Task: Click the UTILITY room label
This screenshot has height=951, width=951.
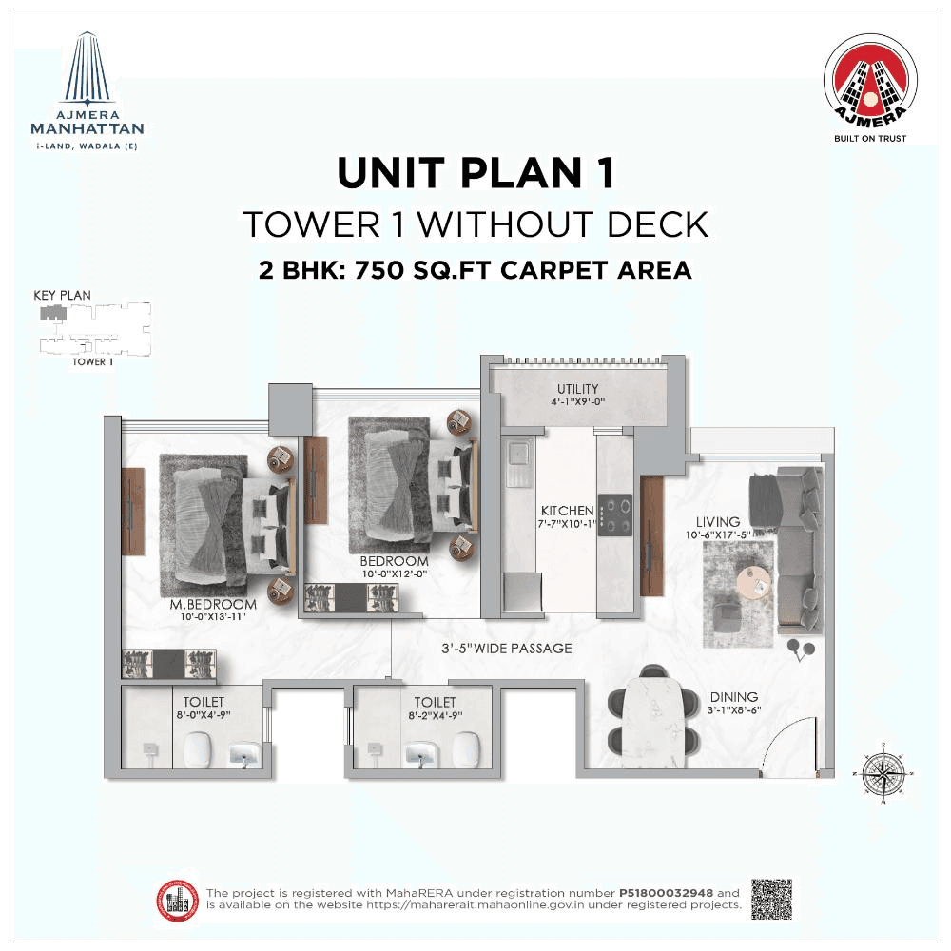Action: click(577, 388)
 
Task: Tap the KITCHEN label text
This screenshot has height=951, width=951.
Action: click(568, 511)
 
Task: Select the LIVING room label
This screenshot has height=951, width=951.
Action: click(717, 522)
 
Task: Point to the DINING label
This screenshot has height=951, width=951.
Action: click(732, 697)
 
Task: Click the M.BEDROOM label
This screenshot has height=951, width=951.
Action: click(213, 604)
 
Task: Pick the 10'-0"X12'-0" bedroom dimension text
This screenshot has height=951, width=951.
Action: click(394, 573)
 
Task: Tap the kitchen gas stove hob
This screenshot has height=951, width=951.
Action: click(616, 516)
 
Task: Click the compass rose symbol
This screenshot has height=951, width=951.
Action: click(883, 772)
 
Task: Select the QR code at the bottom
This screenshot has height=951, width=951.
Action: click(771, 899)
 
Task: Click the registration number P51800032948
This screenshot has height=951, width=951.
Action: click(667, 893)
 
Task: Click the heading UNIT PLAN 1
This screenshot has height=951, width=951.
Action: click(475, 174)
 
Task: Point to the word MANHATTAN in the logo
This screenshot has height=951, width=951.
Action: click(87, 128)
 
